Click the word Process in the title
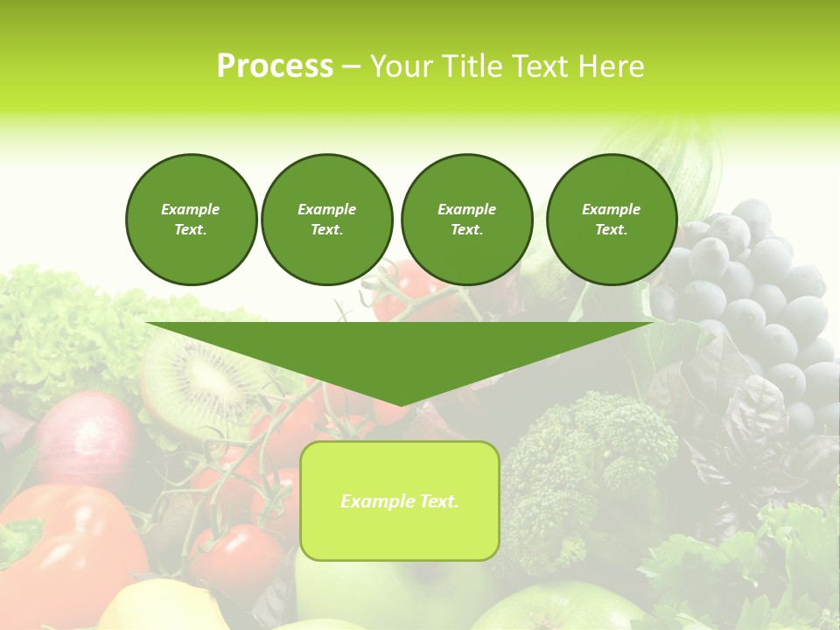(275, 66)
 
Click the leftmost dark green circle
(191, 220)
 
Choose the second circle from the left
(327, 220)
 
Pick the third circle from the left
(466, 220)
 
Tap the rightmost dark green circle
(611, 220)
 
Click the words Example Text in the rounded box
(400, 501)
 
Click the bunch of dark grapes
(752, 297)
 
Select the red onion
(83, 437)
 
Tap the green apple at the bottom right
(560, 608)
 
